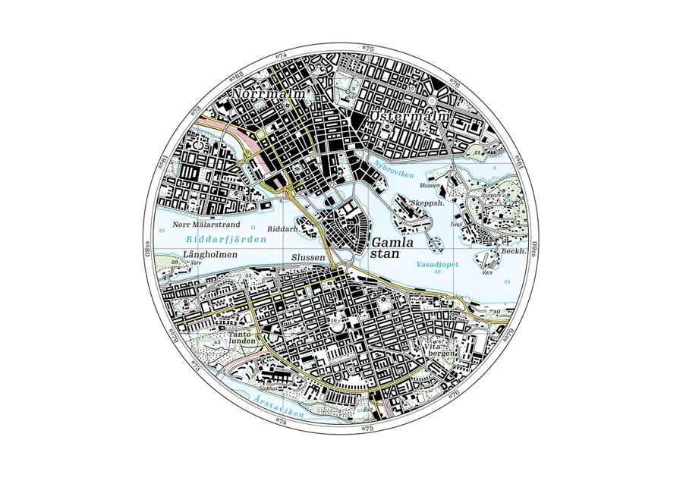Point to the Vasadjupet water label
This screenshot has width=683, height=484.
pyautogui.click(x=436, y=265)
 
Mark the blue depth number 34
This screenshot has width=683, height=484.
pyautogui.click(x=507, y=282)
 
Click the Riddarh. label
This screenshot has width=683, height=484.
pyautogui.click(x=283, y=228)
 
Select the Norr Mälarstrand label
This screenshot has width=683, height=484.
pyautogui.click(x=206, y=225)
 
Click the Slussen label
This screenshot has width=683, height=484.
pyautogui.click(x=308, y=257)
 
